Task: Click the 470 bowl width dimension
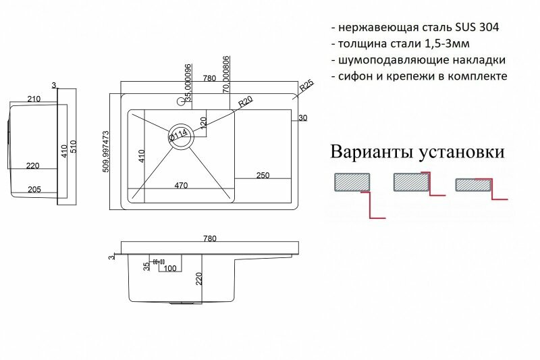(182, 184)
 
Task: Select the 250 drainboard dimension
(263, 176)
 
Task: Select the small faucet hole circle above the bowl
(180, 103)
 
